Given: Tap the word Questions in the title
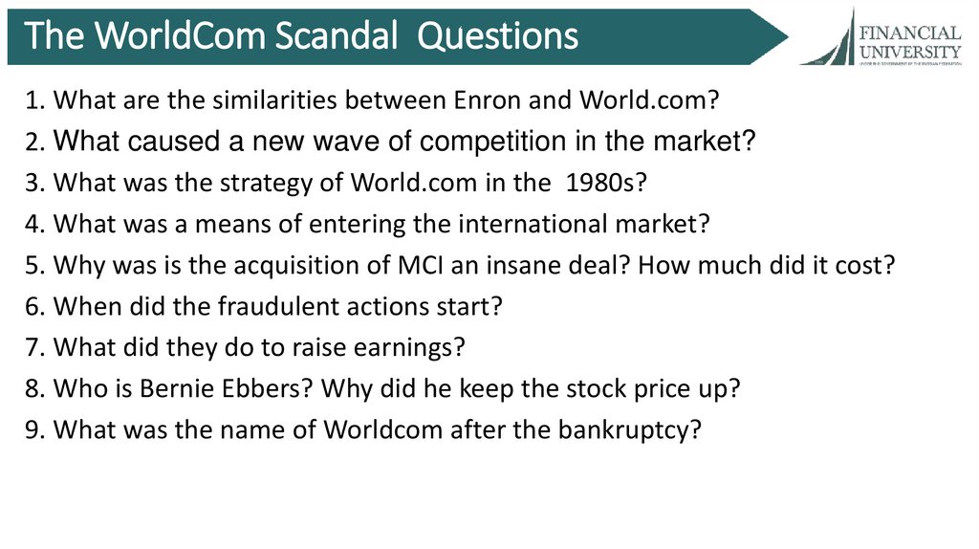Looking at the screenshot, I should (x=498, y=35).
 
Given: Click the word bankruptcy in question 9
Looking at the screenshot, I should (x=639, y=430).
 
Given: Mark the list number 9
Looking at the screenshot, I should (x=34, y=430).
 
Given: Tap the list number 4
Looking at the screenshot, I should (x=34, y=224).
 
